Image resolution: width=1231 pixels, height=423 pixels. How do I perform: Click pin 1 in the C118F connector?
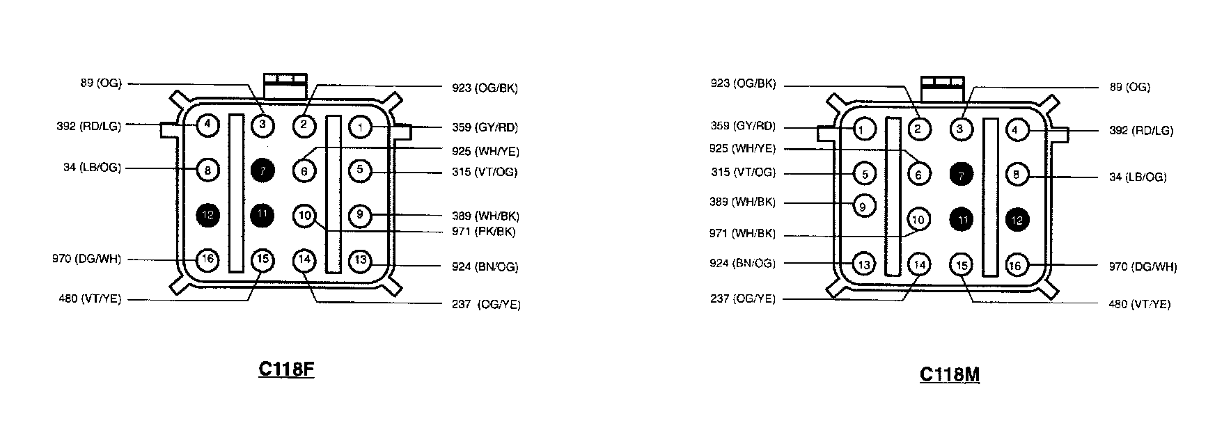[360, 127]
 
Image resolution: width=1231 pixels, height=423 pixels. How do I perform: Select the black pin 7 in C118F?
[262, 170]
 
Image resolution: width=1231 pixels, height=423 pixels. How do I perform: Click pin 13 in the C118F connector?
[360, 261]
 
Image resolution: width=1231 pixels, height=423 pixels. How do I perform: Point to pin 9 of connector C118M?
[863, 206]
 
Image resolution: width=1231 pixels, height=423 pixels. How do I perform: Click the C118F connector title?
[286, 369]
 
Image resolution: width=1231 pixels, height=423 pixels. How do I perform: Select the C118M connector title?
[949, 374]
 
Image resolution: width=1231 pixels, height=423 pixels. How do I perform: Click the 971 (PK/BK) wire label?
[483, 232]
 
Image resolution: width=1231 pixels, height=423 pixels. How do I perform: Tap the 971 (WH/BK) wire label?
[742, 234]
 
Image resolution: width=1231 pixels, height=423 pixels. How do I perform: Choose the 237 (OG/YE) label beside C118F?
[486, 304]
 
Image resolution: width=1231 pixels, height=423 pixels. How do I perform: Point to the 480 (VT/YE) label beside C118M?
[1139, 304]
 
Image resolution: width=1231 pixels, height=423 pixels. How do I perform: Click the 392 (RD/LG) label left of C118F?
[88, 127]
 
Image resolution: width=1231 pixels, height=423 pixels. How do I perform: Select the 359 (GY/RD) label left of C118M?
[742, 127]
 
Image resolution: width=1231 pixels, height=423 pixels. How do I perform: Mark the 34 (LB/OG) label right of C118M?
[1137, 177]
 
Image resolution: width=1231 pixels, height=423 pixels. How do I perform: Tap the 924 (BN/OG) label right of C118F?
[485, 266]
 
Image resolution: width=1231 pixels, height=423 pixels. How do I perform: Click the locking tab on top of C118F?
[284, 84]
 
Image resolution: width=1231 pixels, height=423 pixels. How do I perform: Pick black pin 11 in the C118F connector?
[262, 214]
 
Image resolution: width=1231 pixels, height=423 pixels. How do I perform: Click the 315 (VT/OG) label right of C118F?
[485, 172]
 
